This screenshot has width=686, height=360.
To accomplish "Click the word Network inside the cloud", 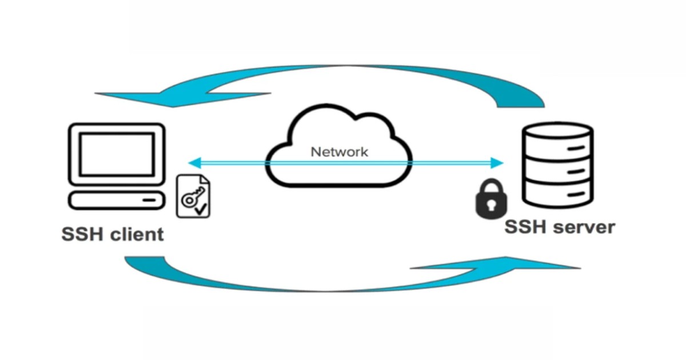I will click(x=339, y=152).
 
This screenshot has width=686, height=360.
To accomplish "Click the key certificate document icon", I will click(x=193, y=197).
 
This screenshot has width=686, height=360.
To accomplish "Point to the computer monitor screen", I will click(x=117, y=154).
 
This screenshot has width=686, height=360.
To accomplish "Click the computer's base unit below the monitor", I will click(x=117, y=200).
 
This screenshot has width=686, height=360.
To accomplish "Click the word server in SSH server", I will click(x=584, y=227).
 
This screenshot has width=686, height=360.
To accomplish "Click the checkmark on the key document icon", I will click(x=201, y=210).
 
